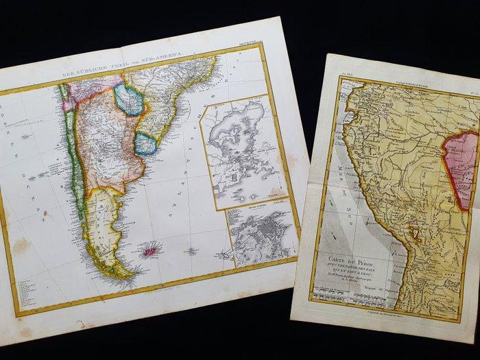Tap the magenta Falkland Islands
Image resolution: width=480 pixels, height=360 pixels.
coord(148,252)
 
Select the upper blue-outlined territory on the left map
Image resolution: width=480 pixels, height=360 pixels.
coord(129,99)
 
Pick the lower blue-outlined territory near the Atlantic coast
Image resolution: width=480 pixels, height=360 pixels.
coord(145,143)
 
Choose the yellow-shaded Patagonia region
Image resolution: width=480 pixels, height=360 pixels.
coord(103,219)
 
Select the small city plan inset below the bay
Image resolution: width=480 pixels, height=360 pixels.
coord(263,237)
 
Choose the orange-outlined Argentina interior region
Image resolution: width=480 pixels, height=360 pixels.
coord(103,144)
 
